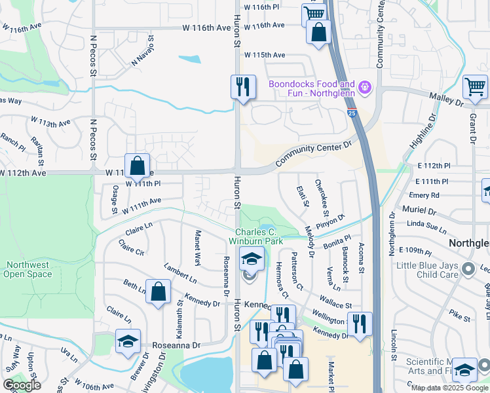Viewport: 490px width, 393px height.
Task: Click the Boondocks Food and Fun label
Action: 311,89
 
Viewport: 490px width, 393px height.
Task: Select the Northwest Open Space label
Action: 29,270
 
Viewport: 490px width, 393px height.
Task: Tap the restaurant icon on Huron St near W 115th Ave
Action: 242,86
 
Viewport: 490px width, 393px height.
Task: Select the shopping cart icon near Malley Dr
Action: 475,86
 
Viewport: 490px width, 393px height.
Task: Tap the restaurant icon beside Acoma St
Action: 360,324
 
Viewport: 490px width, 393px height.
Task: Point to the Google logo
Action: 22,385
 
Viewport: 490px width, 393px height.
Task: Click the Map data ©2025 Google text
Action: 449,388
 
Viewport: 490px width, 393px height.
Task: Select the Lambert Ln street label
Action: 180,274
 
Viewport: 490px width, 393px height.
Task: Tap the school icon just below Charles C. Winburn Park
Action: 251,259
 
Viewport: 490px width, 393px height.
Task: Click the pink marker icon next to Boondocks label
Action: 366,86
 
